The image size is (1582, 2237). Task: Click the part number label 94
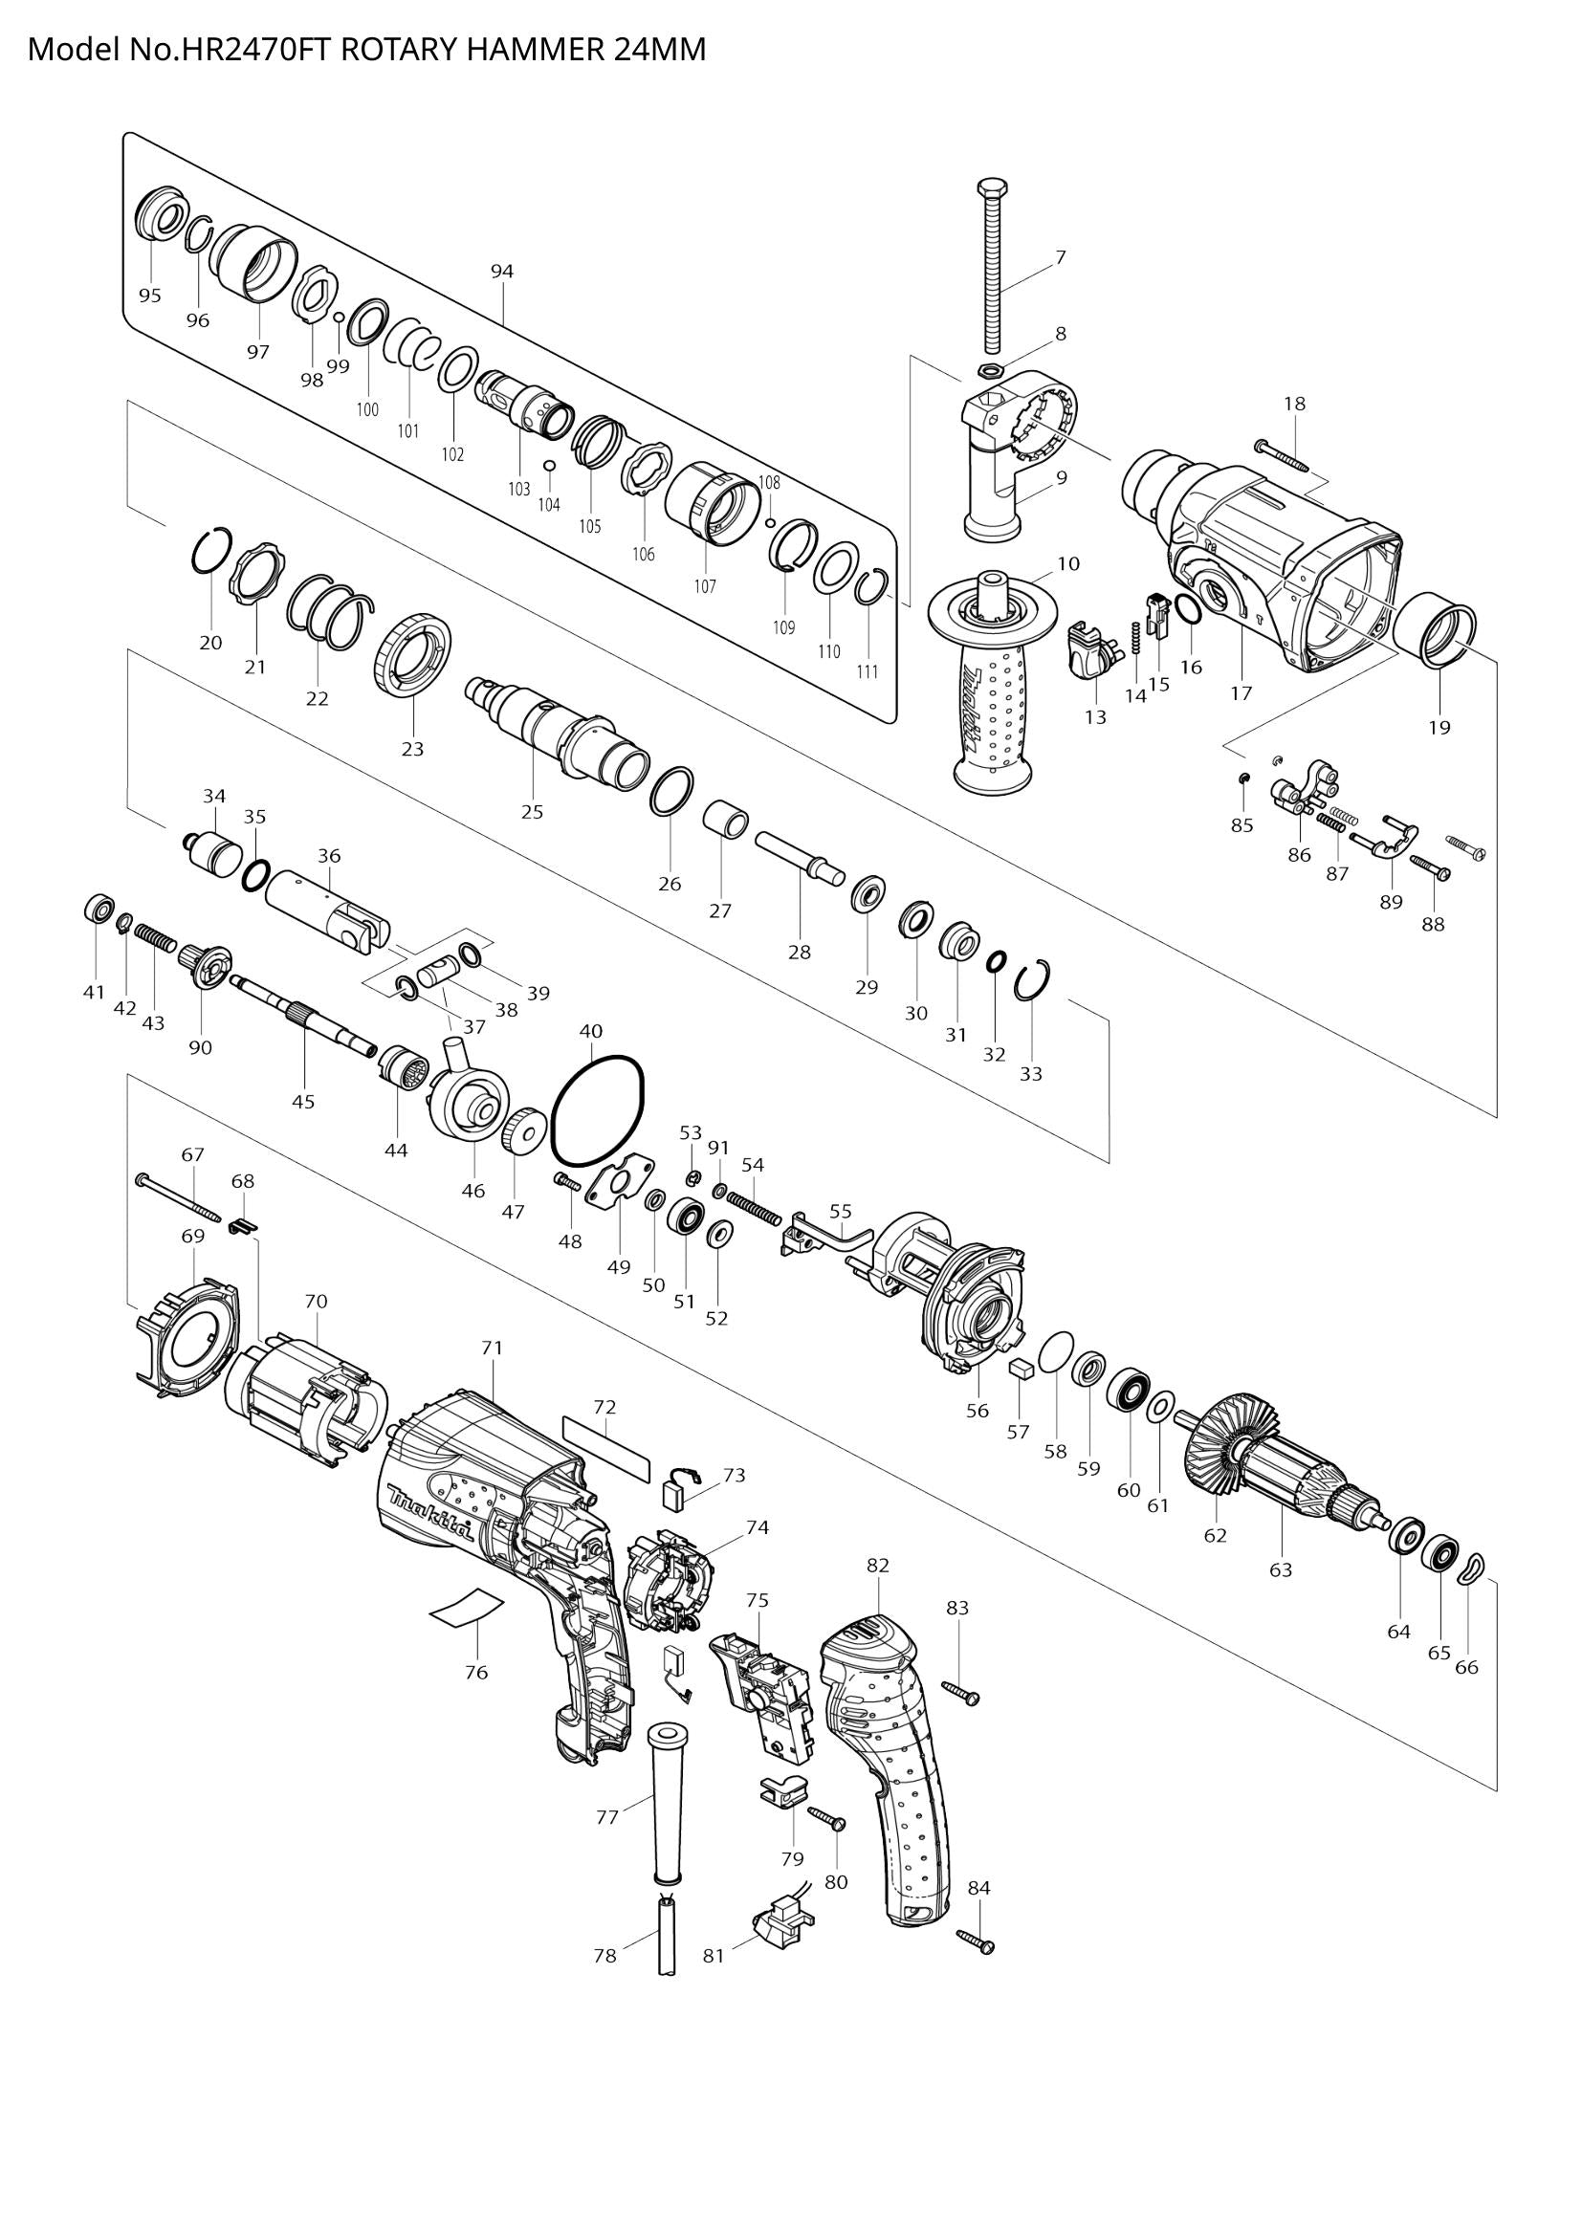(502, 272)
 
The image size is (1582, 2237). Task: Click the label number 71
(492, 1348)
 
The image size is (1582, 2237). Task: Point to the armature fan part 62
(1227, 1461)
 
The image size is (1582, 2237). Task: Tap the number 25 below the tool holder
(532, 812)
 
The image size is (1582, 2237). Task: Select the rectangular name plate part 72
(605, 1448)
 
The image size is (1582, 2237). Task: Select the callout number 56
(978, 1410)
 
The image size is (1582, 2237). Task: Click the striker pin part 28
(797, 857)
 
